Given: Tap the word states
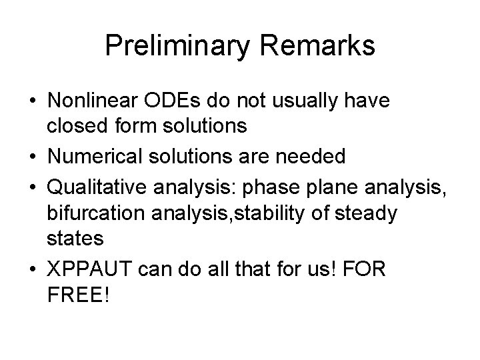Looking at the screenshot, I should pyautogui.click(x=74, y=238).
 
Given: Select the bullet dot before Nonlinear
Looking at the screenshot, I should pyautogui.click(x=32, y=103).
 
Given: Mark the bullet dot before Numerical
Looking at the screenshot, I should pyautogui.click(x=32, y=157).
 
